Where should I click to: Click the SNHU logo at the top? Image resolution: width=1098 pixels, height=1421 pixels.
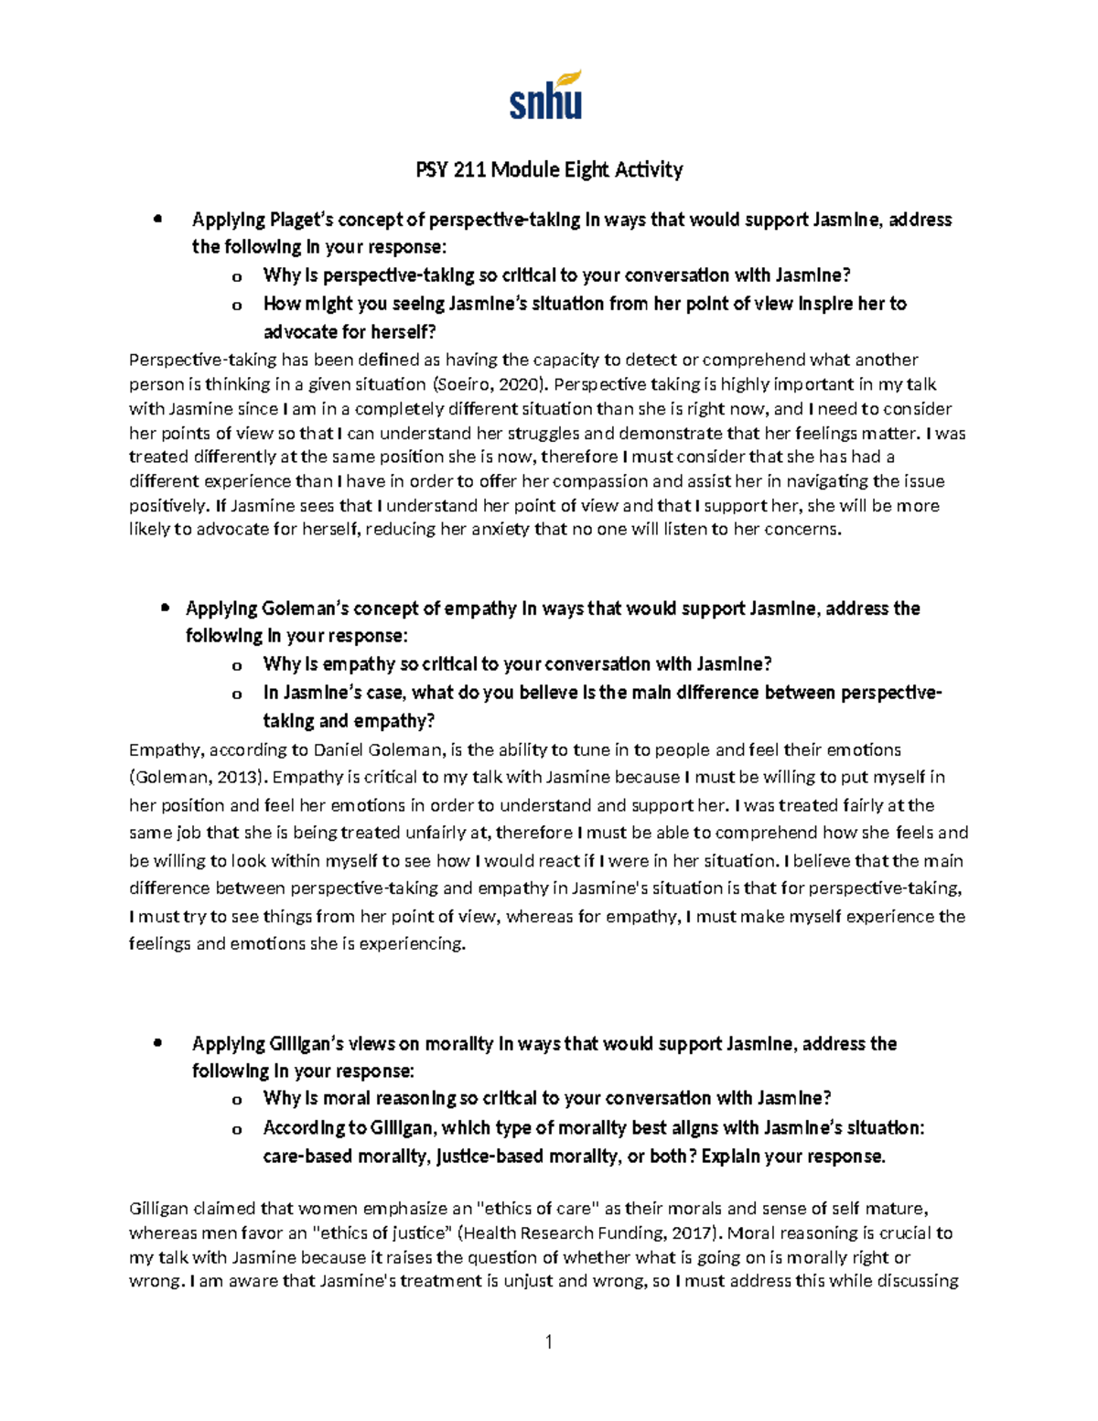coord(545,96)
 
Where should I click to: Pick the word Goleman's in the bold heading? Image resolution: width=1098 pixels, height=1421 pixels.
coord(305,608)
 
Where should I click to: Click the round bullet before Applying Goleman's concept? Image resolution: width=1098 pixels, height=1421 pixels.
coord(165,608)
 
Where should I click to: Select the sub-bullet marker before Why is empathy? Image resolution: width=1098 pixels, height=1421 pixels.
coord(238,666)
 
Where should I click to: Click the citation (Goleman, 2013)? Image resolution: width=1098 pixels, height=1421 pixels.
coord(199,778)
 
